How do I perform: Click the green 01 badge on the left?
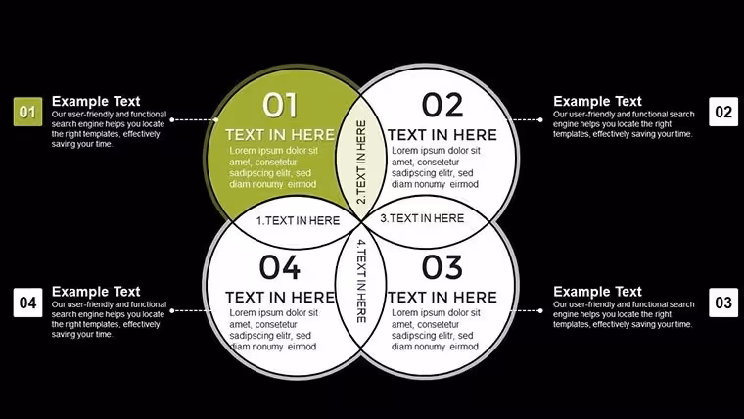27,112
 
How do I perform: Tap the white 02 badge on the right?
723,112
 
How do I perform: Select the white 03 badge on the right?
723,303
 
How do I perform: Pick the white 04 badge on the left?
27,303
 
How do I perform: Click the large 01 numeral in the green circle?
280,105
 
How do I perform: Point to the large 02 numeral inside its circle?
442,105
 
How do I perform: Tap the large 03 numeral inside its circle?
442,267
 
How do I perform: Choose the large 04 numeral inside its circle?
280,267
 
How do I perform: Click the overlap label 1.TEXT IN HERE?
298,220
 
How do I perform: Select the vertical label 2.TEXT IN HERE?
361,162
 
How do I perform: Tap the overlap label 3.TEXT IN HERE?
422,218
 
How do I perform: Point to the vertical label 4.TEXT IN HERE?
361,281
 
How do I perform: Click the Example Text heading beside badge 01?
96,101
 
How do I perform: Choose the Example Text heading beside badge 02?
597,101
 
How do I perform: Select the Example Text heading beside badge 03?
597,292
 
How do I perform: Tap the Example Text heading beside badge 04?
96,292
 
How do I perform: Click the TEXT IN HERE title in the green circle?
280,135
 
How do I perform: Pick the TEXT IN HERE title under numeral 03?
442,297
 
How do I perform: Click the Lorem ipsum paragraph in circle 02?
435,167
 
